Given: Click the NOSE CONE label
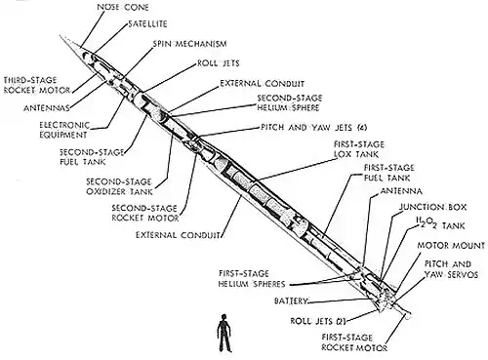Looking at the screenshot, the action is pyautogui.click(x=123, y=7).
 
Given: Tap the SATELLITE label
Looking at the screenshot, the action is pyautogui.click(x=147, y=24).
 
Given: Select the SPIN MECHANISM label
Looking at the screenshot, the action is pyautogui.click(x=189, y=44).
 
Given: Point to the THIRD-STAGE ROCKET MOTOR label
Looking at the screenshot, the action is pyautogui.click(x=37, y=85).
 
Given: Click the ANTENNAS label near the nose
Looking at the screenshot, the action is pyautogui.click(x=47, y=108).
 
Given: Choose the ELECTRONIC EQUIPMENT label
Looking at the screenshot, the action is pyautogui.click(x=64, y=130).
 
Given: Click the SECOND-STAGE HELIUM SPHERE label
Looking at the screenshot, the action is pyautogui.click(x=290, y=102).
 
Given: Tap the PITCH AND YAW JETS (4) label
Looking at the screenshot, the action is pyautogui.click(x=314, y=128).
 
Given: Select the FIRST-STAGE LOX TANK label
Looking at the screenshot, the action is pyautogui.click(x=359, y=149).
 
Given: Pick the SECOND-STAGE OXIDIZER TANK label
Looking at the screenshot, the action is pyautogui.click(x=119, y=186).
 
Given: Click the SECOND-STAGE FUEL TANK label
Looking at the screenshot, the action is pyautogui.click(x=92, y=157).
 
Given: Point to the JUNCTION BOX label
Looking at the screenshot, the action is pyautogui.click(x=432, y=207).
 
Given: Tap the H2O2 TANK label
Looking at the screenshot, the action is pyautogui.click(x=440, y=224).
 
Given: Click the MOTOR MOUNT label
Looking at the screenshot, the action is pyautogui.click(x=451, y=246).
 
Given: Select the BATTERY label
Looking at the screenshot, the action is pyautogui.click(x=291, y=300).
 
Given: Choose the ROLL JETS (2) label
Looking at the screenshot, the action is pyautogui.click(x=317, y=321).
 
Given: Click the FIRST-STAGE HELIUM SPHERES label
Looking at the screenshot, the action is pyautogui.click(x=252, y=279).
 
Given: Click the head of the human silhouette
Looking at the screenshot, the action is pyautogui.click(x=224, y=317).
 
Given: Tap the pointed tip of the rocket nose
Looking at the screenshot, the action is pyautogui.click(x=61, y=35).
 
